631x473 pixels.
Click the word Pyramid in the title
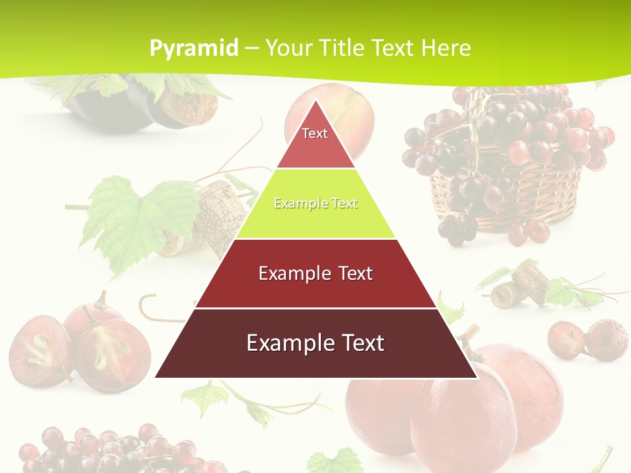[193, 49]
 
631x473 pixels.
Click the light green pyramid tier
[315, 210]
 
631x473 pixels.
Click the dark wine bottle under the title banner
[112, 108]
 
